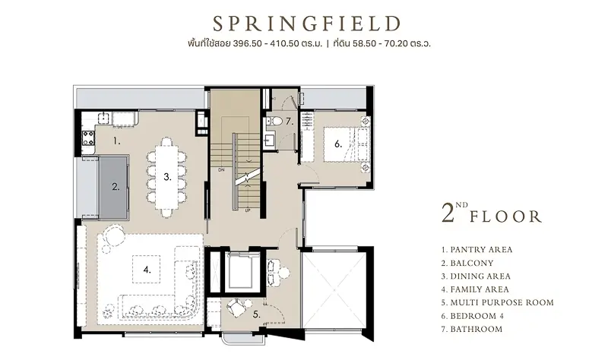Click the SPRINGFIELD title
tap(306, 24)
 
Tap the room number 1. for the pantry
tap(117, 141)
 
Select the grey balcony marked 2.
tap(115, 187)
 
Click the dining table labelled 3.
tap(166, 177)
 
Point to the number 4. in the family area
tap(147, 270)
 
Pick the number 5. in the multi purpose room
tap(256, 314)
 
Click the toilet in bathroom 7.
tap(276, 121)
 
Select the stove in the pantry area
tap(88, 137)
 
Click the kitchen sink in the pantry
tap(103, 118)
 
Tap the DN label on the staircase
tap(221, 169)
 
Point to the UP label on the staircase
tap(248, 210)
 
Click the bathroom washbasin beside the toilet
tap(270, 139)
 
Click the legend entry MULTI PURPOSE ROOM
tap(502, 302)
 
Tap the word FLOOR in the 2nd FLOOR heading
tap(505, 216)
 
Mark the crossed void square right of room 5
tap(334, 290)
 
